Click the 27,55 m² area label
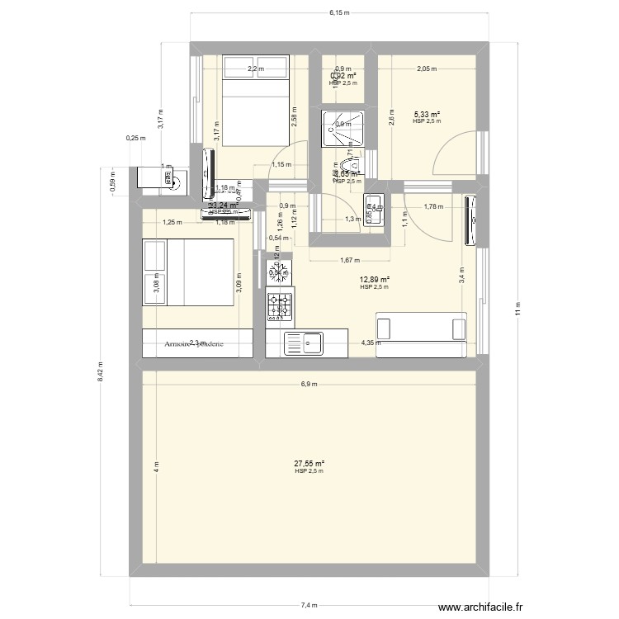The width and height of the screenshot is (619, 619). pos(309,464)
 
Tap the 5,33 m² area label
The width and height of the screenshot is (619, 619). pos(427,115)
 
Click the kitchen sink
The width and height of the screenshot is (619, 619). pos(305,343)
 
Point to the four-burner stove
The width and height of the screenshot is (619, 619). pos(279,306)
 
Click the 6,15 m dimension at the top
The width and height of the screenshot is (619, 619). pos(339,13)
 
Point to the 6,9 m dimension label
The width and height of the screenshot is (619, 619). pos(309,384)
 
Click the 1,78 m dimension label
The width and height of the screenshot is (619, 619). pos(434,206)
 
